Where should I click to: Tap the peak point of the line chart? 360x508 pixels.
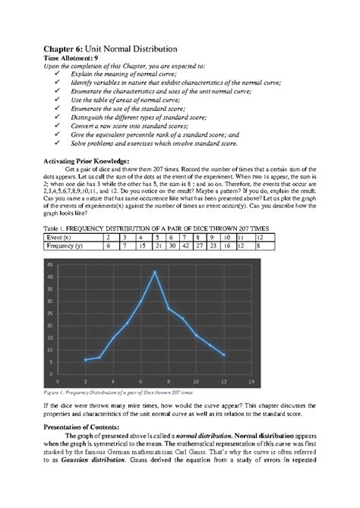155,271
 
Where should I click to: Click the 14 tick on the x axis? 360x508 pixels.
251,381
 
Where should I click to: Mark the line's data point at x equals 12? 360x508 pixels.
224,355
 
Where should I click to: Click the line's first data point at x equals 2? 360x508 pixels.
86,360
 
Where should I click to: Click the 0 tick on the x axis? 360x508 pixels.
58,381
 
